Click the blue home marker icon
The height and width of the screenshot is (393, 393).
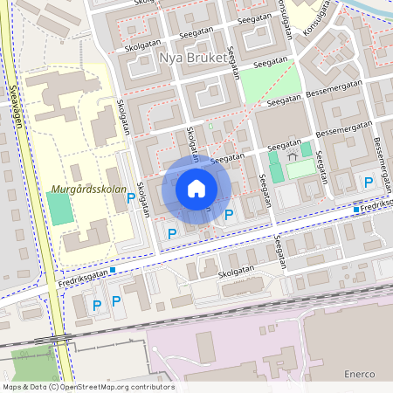pos(196,189)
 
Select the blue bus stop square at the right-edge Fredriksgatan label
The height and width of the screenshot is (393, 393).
pos(356,210)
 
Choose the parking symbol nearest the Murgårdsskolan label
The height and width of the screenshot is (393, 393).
pos(131,198)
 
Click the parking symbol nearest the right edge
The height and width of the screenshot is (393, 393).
pos(369,182)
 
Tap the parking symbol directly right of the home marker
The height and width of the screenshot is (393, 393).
pos(229,214)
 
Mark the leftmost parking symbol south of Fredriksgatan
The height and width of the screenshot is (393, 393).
pos(97,304)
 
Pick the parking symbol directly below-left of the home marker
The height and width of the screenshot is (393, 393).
pos(172,232)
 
